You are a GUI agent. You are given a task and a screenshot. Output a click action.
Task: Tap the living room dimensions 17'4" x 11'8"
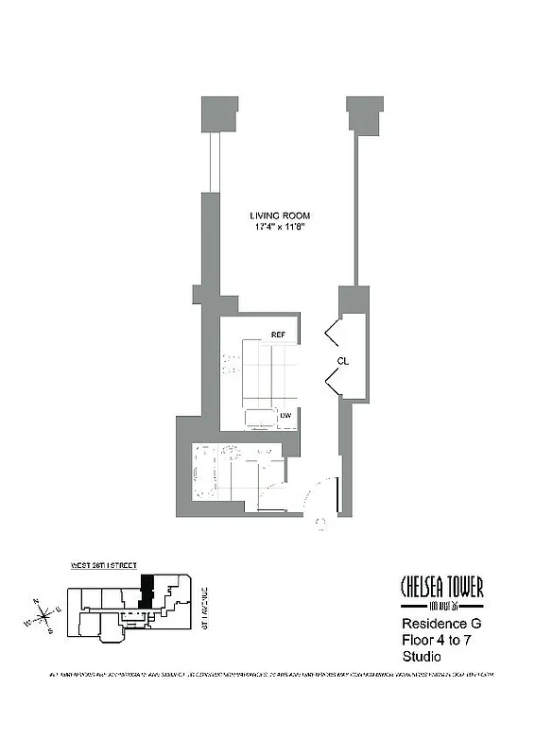(x=281, y=228)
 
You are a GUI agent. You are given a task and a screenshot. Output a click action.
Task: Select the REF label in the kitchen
(x=278, y=335)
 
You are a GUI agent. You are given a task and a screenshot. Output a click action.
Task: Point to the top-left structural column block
(x=218, y=112)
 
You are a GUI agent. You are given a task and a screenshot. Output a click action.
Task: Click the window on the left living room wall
(x=215, y=161)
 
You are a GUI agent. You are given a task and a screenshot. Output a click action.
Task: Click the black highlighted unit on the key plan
(x=146, y=590)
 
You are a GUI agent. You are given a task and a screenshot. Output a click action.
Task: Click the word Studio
(x=422, y=657)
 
